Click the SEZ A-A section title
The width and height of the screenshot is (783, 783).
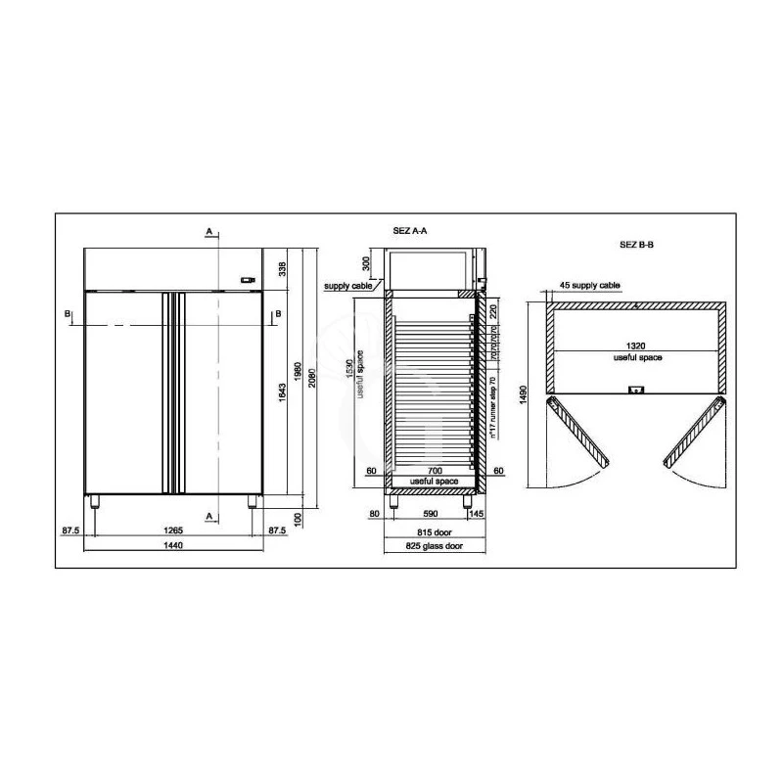[410, 231]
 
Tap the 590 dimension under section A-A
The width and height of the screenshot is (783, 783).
[431, 511]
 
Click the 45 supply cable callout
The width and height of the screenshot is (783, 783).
[589, 285]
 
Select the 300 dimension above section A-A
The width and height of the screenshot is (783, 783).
[366, 262]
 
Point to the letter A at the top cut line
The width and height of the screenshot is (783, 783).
[207, 231]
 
